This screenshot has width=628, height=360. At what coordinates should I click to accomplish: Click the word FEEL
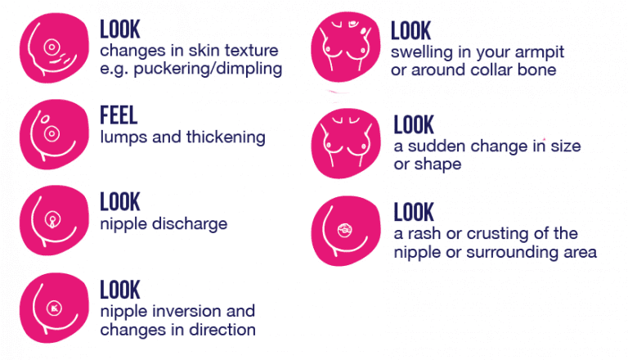coord(119,115)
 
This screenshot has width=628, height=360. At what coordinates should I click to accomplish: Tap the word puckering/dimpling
coord(208,69)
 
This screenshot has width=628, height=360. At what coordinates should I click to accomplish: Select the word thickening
coord(226,137)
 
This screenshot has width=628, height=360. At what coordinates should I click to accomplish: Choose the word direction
coord(222,330)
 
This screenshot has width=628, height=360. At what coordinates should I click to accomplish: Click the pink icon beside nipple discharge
coord(54,220)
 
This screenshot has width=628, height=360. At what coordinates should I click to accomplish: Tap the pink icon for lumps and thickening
coord(54,134)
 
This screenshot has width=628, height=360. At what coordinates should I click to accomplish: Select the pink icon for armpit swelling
coord(346,47)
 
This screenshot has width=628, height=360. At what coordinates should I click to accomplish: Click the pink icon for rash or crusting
coord(346,231)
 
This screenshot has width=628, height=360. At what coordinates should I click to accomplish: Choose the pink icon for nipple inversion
coord(54,308)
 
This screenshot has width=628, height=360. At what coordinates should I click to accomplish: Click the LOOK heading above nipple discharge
coord(119,201)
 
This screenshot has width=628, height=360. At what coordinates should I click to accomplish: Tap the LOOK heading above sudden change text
coord(414,124)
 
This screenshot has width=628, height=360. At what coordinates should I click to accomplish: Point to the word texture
coord(251,51)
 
